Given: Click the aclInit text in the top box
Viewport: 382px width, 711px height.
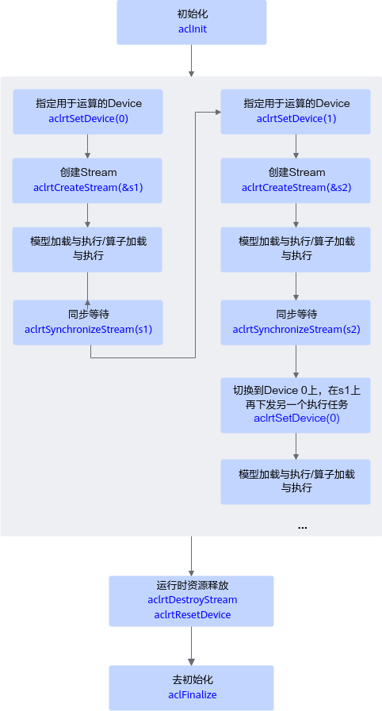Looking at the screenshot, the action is pyautogui.click(x=193, y=29).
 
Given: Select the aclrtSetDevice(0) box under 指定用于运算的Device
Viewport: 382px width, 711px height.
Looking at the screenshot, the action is pyautogui.click(x=88, y=112).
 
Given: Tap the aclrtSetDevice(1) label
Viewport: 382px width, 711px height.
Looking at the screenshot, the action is pyautogui.click(x=296, y=119).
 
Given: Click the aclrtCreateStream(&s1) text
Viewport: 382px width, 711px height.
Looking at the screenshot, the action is pyautogui.click(x=88, y=188).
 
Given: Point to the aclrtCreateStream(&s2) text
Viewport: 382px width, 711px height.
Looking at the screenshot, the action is pyautogui.click(x=296, y=188).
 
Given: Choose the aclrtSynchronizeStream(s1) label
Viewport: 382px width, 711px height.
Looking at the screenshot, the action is pyautogui.click(x=88, y=330).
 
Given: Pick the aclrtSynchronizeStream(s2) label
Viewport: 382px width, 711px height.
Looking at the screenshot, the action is pyautogui.click(x=296, y=330).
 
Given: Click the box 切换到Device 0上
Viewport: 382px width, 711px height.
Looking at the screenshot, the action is pyautogui.click(x=296, y=405).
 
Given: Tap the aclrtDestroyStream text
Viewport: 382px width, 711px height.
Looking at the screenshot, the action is pyautogui.click(x=192, y=600).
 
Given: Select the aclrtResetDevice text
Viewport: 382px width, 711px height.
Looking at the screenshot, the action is pyautogui.click(x=192, y=615).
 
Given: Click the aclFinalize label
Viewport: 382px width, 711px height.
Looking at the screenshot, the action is pyautogui.click(x=192, y=694).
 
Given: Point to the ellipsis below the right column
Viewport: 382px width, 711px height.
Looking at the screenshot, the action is pyautogui.click(x=302, y=527).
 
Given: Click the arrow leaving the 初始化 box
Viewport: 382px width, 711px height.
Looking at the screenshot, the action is pyautogui.click(x=191, y=61).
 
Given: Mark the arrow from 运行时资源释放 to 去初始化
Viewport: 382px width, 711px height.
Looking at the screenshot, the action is pyautogui.click(x=191, y=646).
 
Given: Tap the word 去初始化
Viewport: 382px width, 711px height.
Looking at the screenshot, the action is pyautogui.click(x=192, y=680).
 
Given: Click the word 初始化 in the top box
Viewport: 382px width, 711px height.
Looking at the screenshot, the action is pyautogui.click(x=193, y=14).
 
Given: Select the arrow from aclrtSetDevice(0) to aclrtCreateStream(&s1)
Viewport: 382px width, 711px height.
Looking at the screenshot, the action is pyautogui.click(x=87, y=146).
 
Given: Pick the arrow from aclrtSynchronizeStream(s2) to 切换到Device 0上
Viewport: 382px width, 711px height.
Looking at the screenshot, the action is pyautogui.click(x=296, y=361).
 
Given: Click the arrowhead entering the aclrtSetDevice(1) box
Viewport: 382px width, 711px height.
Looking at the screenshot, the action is pyautogui.click(x=217, y=112).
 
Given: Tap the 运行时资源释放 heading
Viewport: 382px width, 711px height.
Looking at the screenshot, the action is pyautogui.click(x=191, y=585).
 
